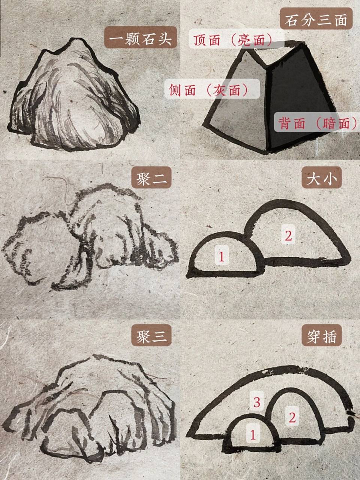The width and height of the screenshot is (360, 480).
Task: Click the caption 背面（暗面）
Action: coord(317,123)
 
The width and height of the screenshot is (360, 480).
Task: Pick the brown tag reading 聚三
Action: coord(151,336)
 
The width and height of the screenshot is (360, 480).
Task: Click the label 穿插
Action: coord(322,336)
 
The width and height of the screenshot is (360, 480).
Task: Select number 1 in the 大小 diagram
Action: coord(222,257)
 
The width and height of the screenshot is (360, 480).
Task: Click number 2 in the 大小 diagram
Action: coord(288,236)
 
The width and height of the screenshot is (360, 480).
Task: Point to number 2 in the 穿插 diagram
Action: coord(292,417)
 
